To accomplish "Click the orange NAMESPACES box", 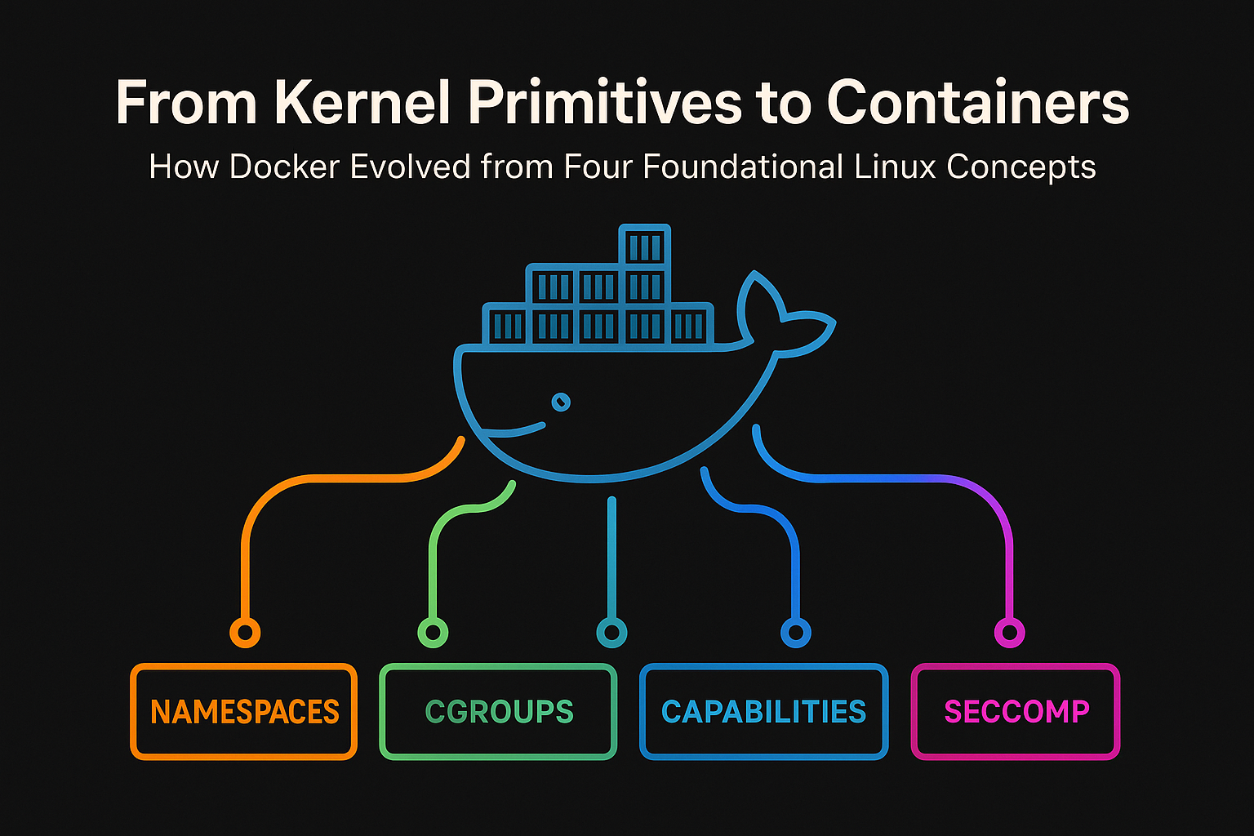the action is click(243, 712).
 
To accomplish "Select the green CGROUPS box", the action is click(498, 712).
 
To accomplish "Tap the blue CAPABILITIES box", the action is click(763, 712).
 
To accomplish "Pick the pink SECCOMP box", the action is click(1016, 712).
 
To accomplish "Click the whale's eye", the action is click(561, 402).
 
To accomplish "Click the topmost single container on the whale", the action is click(645, 245).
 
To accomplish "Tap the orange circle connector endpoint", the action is click(245, 632).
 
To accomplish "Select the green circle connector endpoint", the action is click(433, 632).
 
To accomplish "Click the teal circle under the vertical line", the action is click(611, 632).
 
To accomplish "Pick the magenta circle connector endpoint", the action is click(1009, 632).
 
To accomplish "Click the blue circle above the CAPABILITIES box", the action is click(795, 632).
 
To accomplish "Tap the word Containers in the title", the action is click(977, 103).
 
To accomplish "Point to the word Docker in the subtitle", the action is click(284, 167).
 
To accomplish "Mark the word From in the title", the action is click(186, 103).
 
